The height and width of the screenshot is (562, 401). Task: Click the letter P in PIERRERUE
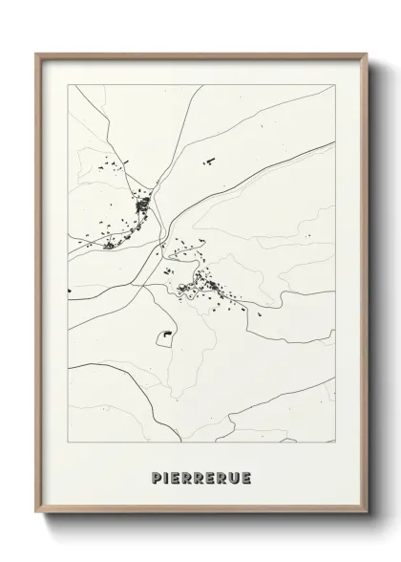tap(156, 477)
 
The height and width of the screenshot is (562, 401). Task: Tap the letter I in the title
tap(167, 477)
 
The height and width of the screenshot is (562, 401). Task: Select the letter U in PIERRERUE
tap(232, 477)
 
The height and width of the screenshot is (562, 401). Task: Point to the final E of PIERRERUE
tap(245, 477)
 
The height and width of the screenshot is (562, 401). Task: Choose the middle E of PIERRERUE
tap(204, 477)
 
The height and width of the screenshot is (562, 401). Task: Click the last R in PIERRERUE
tap(218, 477)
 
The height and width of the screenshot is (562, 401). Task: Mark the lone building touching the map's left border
tap(69, 292)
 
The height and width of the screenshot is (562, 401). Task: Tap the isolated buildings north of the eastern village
tap(206, 163)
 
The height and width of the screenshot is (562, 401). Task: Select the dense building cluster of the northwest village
tap(143, 204)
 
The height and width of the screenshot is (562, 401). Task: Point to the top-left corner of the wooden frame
tap(36, 54)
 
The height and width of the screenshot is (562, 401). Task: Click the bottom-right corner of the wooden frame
tap(366, 516)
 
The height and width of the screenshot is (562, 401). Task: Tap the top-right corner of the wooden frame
tap(366, 54)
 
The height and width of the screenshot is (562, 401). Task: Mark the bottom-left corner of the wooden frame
tap(36, 516)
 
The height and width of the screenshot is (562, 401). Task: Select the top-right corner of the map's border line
tap(335, 85)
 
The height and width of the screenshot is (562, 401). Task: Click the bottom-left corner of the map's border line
tap(67, 442)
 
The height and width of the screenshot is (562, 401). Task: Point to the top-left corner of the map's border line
tap(67, 85)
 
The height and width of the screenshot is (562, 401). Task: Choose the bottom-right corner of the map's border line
tap(335, 442)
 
